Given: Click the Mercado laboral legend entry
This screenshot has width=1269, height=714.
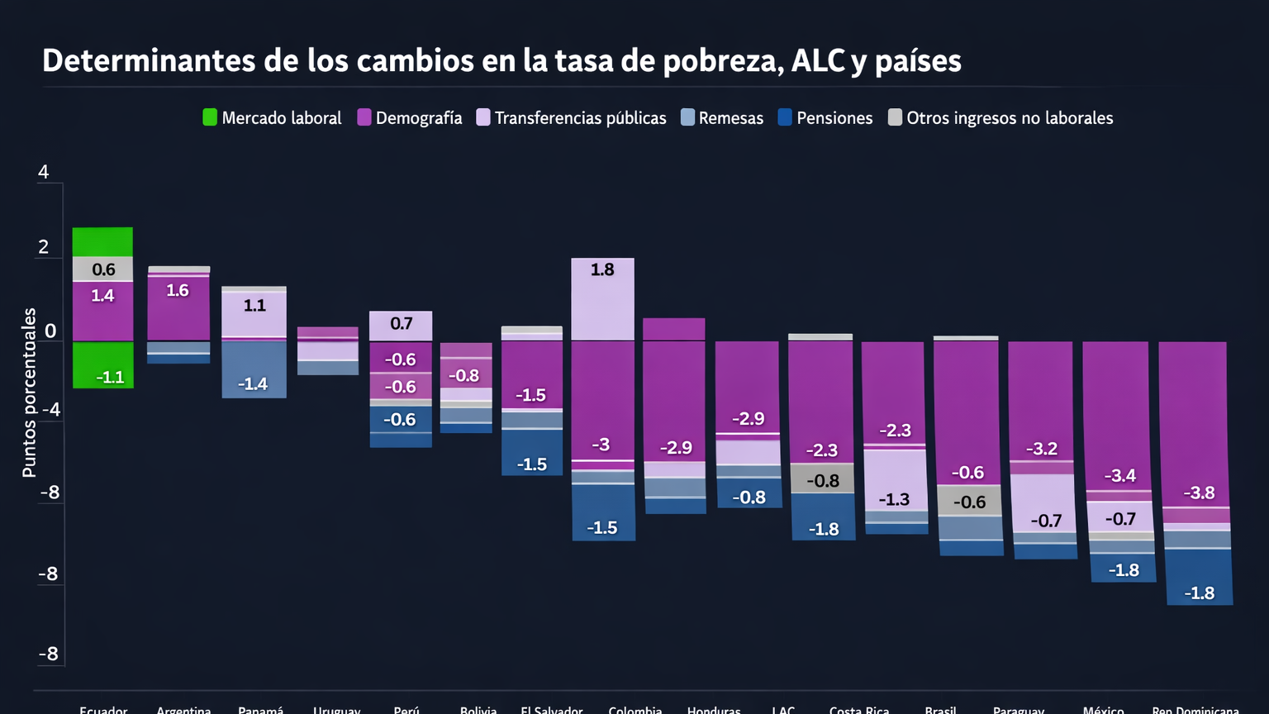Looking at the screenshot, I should [272, 118].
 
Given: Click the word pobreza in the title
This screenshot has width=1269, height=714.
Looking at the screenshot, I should [723, 61].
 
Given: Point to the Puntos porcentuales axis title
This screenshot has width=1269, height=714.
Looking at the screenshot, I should [30, 393].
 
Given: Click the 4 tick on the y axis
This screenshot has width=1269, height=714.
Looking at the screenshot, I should [44, 172].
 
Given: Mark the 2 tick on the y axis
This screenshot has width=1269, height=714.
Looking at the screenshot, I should [44, 247].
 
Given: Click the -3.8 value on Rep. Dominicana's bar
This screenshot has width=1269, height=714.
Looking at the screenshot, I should [1199, 493].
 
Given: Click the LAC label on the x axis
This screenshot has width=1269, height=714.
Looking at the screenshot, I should [783, 709].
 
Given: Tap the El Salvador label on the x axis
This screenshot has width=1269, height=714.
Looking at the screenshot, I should [552, 709].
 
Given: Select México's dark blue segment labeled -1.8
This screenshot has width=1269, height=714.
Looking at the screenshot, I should [1124, 569].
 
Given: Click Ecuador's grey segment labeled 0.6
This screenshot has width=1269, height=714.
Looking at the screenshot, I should [103, 269].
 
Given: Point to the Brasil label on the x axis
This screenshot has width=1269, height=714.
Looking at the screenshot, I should [941, 709].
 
